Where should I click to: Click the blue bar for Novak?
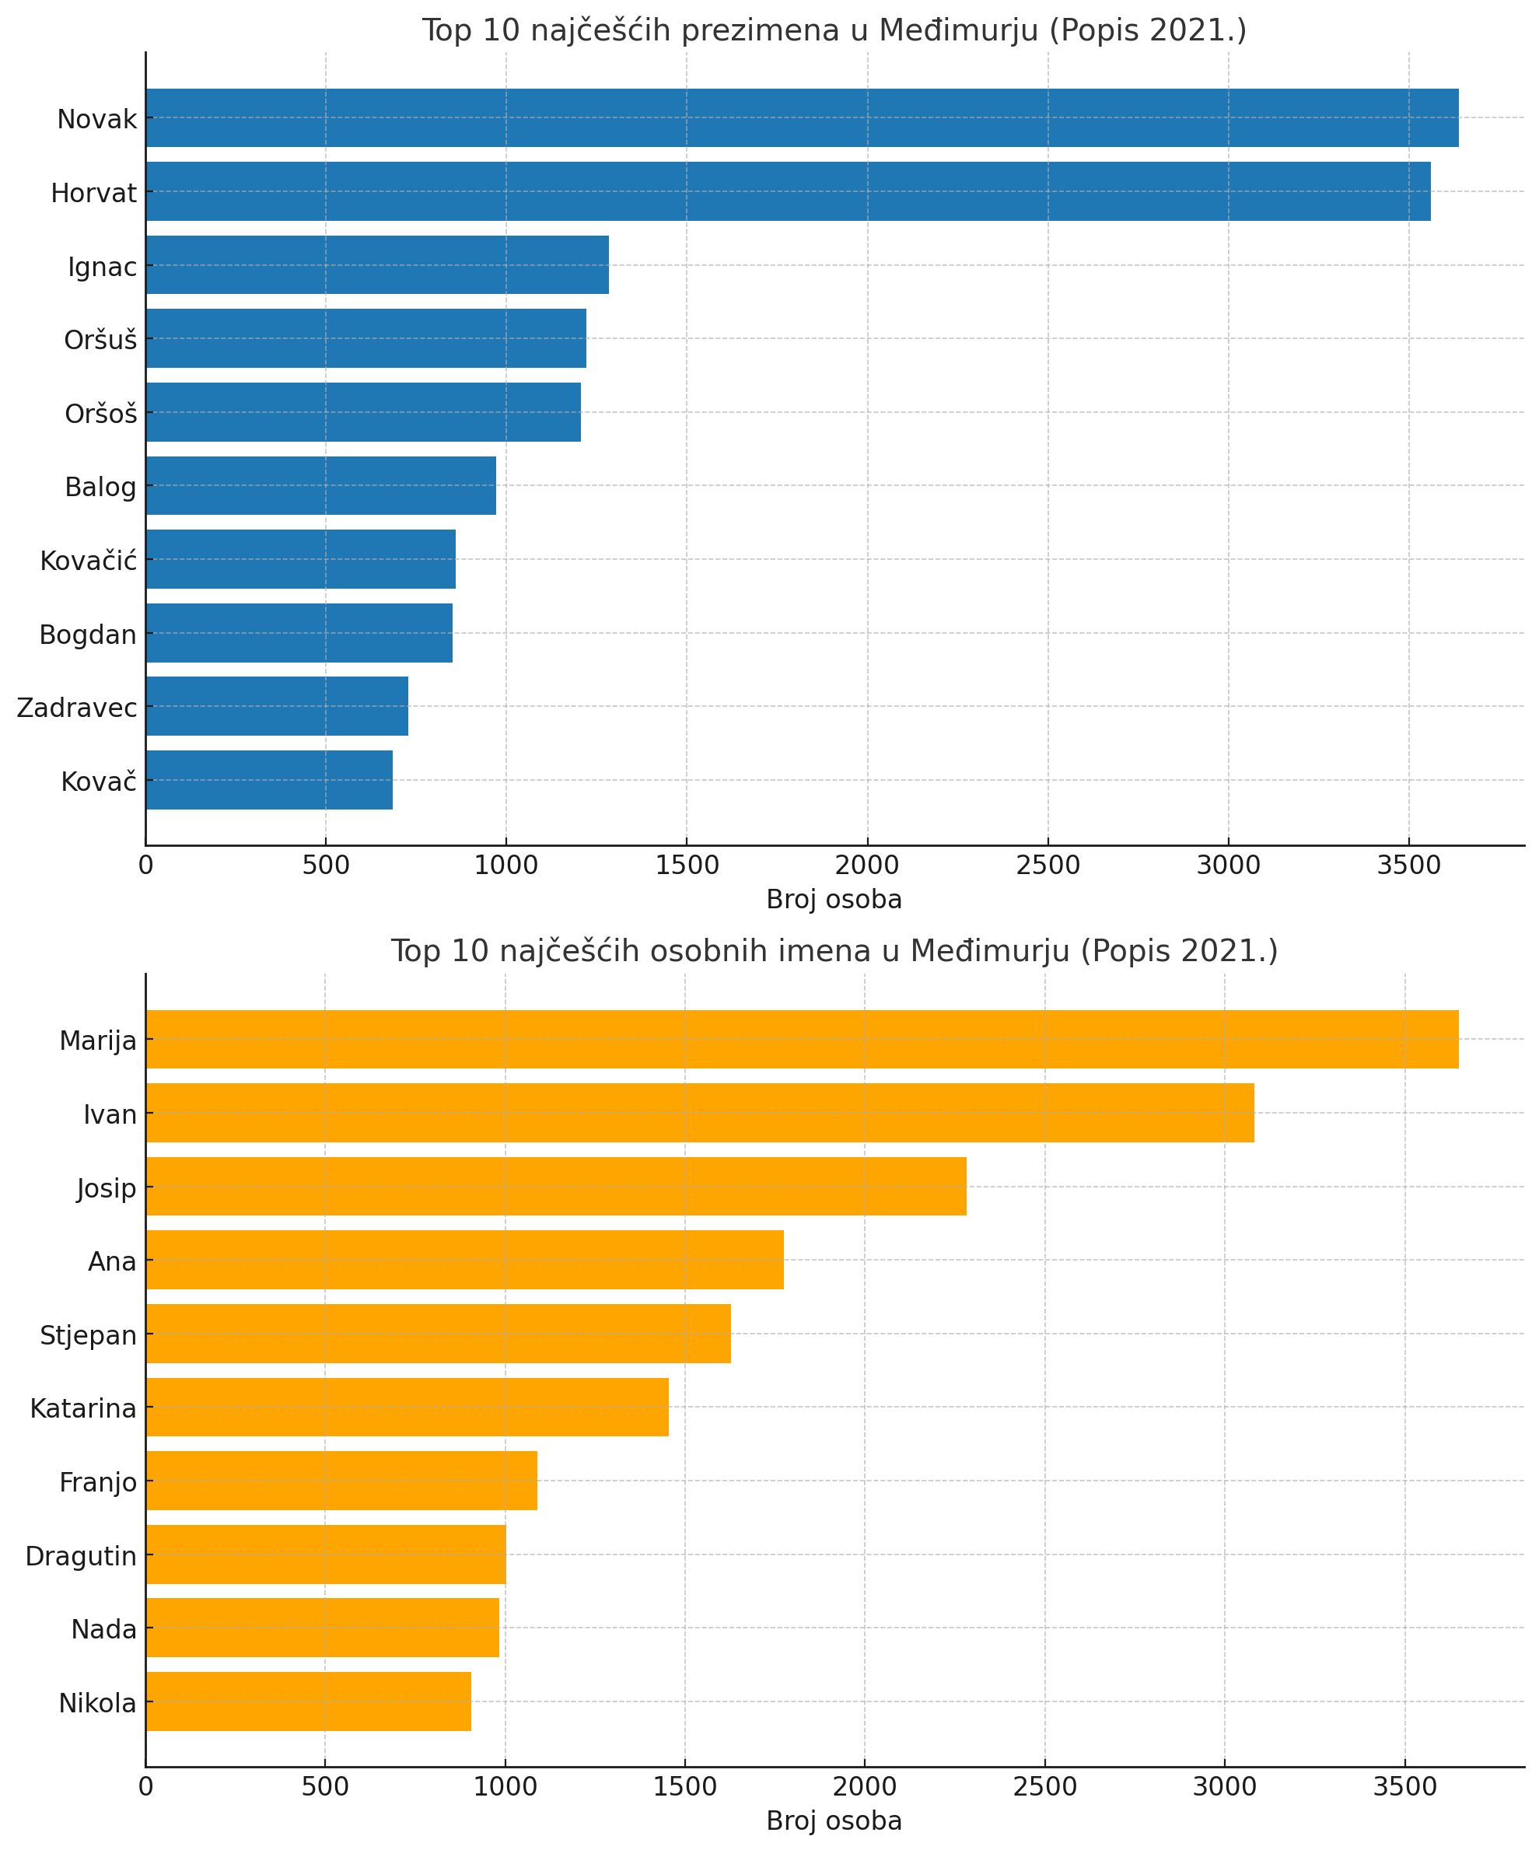click(802, 118)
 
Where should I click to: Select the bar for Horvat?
click(788, 191)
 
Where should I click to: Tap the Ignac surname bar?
click(377, 264)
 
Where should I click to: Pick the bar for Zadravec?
click(277, 705)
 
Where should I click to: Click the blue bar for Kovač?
click(269, 780)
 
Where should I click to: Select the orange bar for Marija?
click(802, 1040)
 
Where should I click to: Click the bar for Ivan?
click(699, 1113)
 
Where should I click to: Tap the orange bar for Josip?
click(556, 1186)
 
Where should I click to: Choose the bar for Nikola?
click(308, 1701)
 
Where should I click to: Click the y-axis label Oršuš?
click(100, 339)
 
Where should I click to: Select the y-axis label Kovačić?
click(88, 560)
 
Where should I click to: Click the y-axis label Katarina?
click(82, 1408)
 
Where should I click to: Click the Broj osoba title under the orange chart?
click(834, 1821)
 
